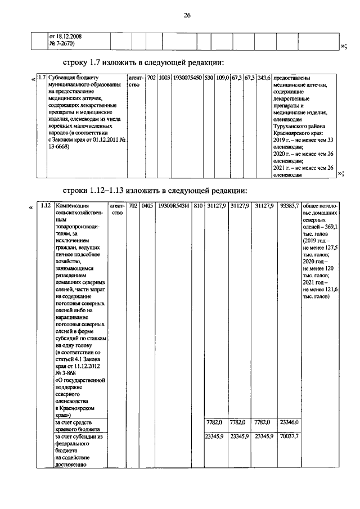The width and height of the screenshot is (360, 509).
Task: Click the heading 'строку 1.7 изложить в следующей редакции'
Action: (143, 61)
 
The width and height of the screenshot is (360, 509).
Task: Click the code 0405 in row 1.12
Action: (147, 206)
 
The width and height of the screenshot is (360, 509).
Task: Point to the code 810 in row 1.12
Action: (198, 206)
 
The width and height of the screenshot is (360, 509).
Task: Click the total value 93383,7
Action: (289, 206)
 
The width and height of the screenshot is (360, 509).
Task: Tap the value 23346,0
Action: (289, 422)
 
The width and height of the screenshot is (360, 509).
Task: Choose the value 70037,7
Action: (289, 436)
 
